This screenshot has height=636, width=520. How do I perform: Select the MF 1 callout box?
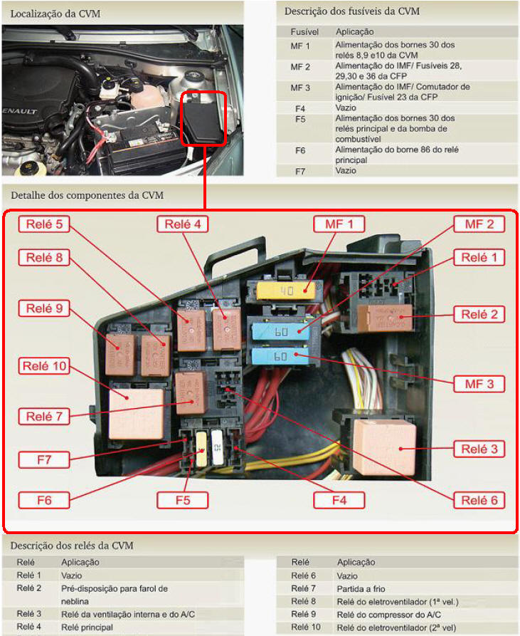(x=339, y=224)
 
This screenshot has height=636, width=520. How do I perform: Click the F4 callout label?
(x=339, y=499)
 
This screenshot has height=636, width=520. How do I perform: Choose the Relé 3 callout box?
(x=479, y=449)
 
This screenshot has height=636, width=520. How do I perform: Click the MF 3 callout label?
(x=479, y=384)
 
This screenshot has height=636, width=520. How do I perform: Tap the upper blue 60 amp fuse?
(x=282, y=331)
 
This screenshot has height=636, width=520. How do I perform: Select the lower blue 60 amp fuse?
(x=282, y=356)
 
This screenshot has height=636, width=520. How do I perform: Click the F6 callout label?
(x=44, y=500)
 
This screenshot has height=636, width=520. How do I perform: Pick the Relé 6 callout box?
(x=479, y=500)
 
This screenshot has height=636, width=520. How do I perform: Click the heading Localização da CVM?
(x=55, y=14)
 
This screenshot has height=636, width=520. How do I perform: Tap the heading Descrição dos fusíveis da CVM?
(x=351, y=11)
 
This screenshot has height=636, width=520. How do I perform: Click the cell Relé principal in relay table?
(x=87, y=627)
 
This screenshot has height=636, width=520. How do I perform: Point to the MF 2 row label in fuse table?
(x=300, y=66)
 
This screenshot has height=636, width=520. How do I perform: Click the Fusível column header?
(x=304, y=32)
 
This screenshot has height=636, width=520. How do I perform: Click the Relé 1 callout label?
(x=479, y=258)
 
